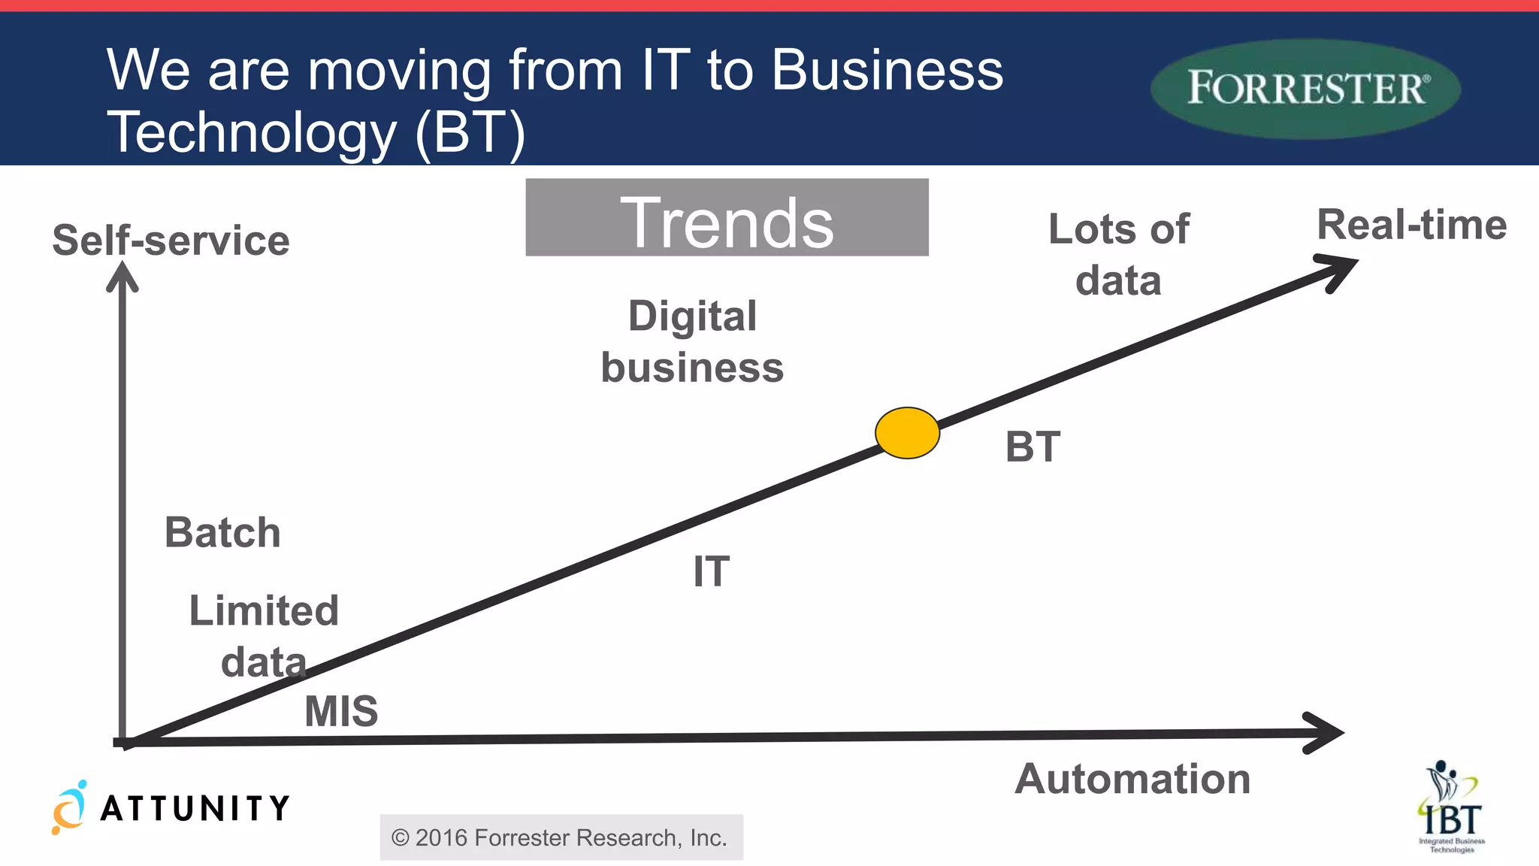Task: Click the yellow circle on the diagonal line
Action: pos(907,433)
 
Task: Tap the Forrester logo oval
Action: pos(1305,89)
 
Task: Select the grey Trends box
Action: pos(727,218)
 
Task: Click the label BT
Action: pos(1033,447)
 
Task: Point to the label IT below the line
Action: pos(711,571)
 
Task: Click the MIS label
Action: pos(341,710)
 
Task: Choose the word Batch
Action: pos(222,532)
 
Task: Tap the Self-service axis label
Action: pos(171,241)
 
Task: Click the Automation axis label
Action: pos(1132,779)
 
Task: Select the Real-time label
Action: pos(1411,225)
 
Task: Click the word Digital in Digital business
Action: pos(692,316)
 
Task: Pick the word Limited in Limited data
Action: pos(264,610)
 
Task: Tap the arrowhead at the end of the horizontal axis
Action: pos(1326,732)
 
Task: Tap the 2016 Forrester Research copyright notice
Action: pos(561,837)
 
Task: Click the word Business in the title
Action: pos(887,70)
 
